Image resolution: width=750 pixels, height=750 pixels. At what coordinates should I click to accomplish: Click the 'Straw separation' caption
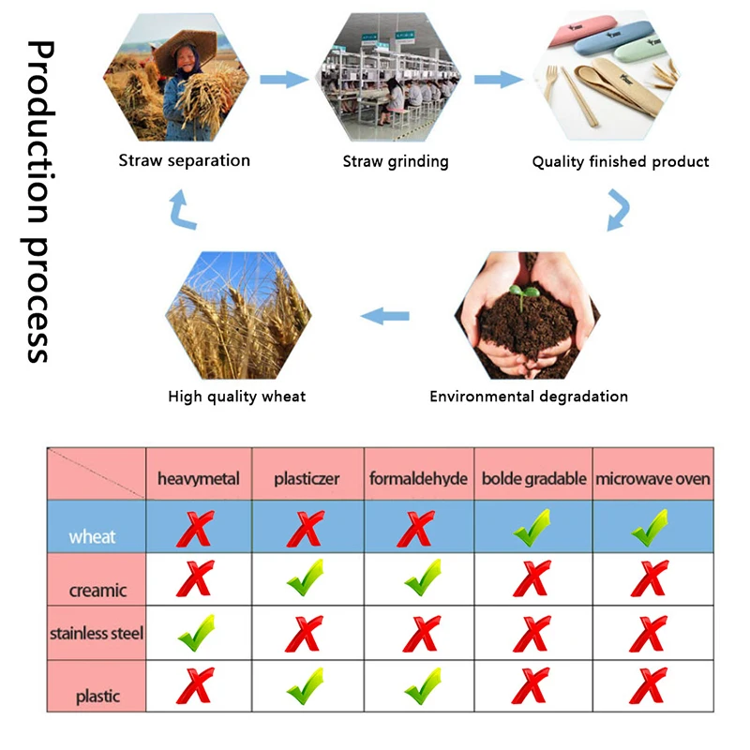coord(184,160)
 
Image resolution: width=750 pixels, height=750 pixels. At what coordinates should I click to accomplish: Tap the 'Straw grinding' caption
coord(396,161)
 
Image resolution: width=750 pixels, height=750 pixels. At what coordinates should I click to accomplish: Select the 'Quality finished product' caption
coord(621,161)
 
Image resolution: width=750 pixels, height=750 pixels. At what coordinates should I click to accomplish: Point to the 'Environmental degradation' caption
coord(529,396)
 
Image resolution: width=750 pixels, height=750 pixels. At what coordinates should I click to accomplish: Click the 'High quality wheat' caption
coord(236,396)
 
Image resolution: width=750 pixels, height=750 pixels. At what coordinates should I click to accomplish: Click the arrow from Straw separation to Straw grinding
coord(284,80)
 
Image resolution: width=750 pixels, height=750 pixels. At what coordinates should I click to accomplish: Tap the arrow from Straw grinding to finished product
coord(498,80)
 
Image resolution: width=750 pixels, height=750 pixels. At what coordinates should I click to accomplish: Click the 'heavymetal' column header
coord(198,479)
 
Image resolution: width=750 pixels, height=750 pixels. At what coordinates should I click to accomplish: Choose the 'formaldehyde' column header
coord(418,479)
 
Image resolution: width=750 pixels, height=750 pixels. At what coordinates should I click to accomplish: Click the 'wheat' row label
coord(92,536)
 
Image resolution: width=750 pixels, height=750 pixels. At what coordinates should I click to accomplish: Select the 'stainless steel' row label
coord(97,633)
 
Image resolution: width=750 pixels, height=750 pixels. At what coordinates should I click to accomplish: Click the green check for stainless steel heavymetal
coord(196,633)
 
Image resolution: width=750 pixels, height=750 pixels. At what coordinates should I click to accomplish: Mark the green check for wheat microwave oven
coord(649,529)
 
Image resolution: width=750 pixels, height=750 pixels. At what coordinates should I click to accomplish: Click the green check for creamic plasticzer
coord(306,578)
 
